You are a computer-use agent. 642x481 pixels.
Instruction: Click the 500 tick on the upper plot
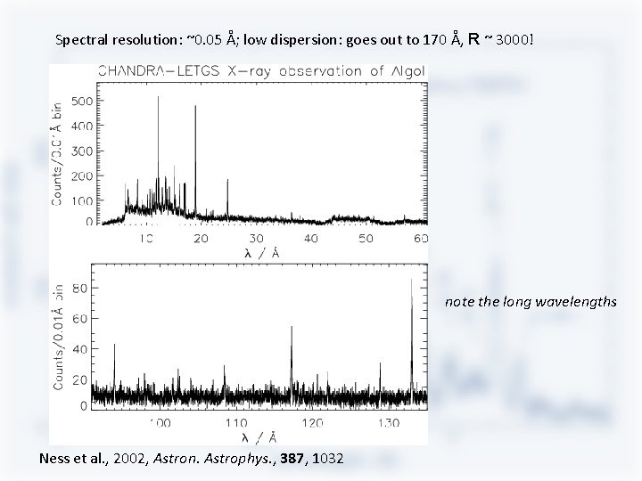(80, 101)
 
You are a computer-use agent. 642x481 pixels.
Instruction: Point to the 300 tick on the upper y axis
(80, 151)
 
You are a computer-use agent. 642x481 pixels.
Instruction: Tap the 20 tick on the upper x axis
(201, 239)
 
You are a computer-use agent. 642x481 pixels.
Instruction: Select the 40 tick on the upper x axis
(310, 239)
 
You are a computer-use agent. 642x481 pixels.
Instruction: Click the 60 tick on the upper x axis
(421, 239)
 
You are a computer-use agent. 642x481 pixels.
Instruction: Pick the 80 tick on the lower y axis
(78, 289)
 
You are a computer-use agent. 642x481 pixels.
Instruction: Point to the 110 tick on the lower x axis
(236, 421)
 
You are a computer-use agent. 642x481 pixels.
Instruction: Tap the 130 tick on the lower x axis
(388, 421)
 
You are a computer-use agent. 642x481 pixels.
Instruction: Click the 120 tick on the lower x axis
(313, 421)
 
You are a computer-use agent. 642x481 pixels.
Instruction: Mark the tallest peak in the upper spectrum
(159, 98)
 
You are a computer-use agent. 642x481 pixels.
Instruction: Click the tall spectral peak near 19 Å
(195, 107)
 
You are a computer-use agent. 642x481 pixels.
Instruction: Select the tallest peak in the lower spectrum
(411, 281)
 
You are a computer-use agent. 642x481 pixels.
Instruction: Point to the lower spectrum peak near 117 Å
(291, 328)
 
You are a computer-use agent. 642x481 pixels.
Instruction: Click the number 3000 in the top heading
(512, 40)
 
